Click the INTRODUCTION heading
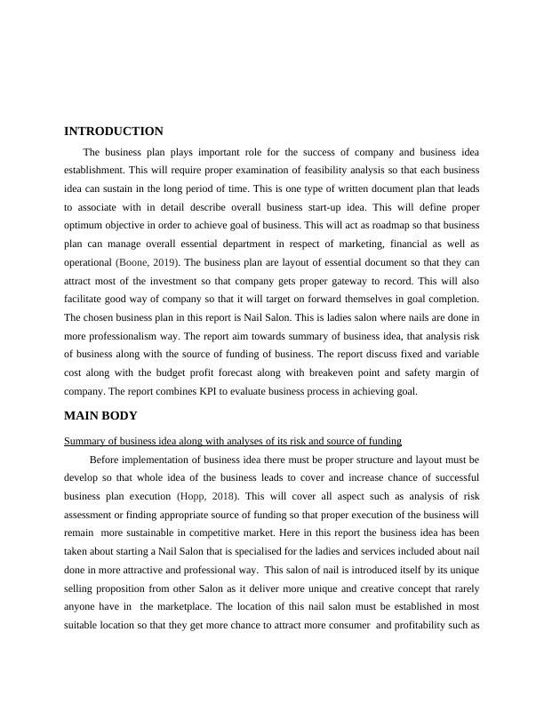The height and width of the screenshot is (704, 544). pyautogui.click(x=114, y=132)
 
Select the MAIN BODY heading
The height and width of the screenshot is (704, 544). pyautogui.click(x=100, y=415)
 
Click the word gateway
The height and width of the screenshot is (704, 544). pyautogui.click(x=384, y=281)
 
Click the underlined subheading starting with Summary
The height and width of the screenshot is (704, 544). pyautogui.click(x=233, y=440)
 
